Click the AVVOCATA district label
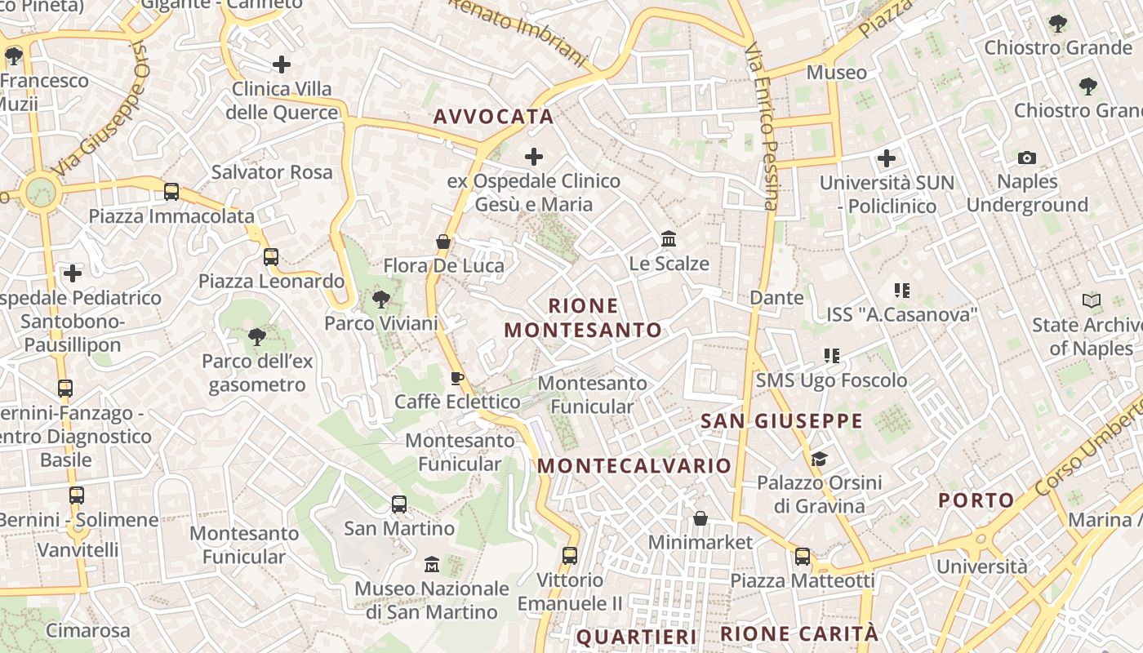(x=493, y=117)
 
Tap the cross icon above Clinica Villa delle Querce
(x=282, y=64)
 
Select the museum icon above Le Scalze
(x=669, y=239)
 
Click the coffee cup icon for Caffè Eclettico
(x=457, y=378)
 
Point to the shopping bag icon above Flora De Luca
(x=443, y=242)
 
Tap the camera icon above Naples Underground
(x=1027, y=158)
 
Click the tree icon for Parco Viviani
(x=380, y=300)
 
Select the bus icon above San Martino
(x=399, y=504)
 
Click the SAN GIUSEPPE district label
(x=781, y=421)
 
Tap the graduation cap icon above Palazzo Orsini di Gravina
(x=819, y=459)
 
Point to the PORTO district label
(x=976, y=500)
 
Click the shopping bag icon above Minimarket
(x=700, y=518)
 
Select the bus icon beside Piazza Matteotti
(x=803, y=557)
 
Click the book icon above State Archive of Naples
(x=1092, y=301)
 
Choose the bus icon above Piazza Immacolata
(x=171, y=192)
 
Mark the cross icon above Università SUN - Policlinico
(x=887, y=158)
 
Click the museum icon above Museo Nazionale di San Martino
(x=432, y=564)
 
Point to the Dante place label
(x=776, y=298)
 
